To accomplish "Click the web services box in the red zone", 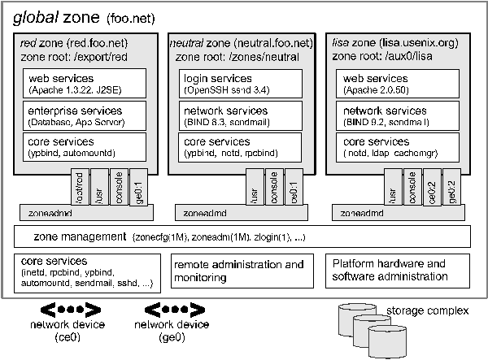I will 85,82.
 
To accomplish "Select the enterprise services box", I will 85,115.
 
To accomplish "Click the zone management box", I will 244,237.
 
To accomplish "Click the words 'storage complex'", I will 427,310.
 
